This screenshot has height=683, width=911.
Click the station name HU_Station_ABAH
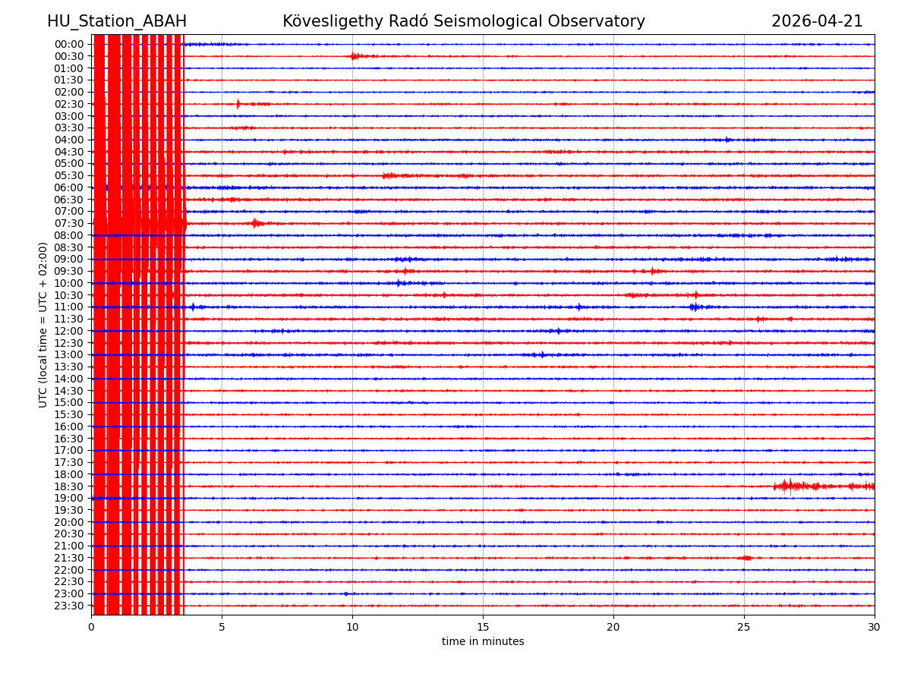coord(117,22)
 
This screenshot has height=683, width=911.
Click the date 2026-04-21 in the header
coord(817,22)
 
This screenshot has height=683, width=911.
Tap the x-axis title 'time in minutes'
coord(483,642)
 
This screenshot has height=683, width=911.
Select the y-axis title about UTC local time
coord(44,325)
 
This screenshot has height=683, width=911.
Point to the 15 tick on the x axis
coord(483,628)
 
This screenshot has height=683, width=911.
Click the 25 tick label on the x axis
coord(744,628)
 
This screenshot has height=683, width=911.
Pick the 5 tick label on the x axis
coord(222,628)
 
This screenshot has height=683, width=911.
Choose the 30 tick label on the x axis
coord(875,628)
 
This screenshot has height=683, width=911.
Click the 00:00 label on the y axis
coord(69,44)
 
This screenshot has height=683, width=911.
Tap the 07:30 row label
coord(69,224)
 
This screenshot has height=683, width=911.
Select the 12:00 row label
coord(69,331)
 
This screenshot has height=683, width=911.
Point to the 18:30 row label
coord(69,486)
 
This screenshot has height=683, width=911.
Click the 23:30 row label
coord(69,606)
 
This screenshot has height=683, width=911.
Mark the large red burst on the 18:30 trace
coord(790,486)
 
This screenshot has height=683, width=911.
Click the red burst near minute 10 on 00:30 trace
coord(355,56)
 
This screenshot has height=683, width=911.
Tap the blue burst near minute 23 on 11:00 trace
coord(694,307)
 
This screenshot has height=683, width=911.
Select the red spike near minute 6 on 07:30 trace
coord(255,223)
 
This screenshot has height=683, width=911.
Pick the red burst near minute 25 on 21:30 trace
coord(746,558)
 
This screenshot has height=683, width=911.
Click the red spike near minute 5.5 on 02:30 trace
coord(238,104)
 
